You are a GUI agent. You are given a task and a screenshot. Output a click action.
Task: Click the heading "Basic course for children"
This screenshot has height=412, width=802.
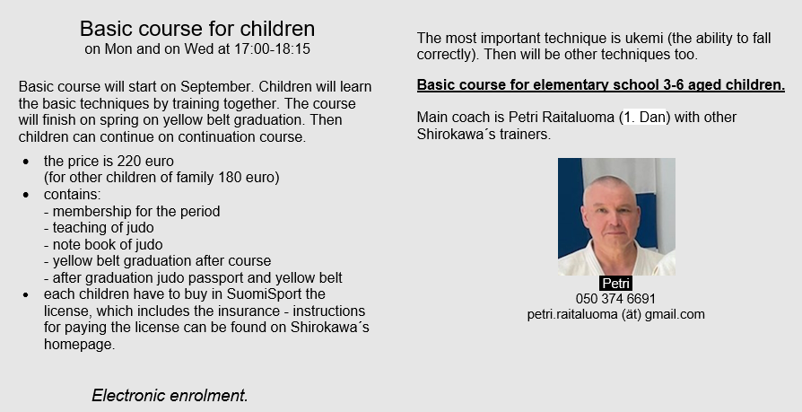point(197,29)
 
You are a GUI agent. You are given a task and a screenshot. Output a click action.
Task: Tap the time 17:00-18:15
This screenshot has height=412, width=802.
point(272,49)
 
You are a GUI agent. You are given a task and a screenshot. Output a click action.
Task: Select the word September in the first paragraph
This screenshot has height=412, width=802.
point(220,87)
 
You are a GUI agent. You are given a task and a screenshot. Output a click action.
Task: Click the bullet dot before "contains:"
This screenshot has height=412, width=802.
point(26,195)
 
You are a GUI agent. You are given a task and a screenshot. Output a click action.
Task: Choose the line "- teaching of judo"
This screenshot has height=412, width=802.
point(99,228)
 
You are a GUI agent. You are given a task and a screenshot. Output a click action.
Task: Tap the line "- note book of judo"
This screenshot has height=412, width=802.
point(103,245)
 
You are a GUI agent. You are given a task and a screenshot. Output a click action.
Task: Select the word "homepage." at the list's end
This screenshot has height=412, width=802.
point(79,345)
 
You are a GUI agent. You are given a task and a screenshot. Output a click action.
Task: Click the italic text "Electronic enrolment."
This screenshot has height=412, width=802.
point(170,396)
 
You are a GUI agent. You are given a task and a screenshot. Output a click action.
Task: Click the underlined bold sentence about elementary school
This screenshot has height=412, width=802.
point(601,85)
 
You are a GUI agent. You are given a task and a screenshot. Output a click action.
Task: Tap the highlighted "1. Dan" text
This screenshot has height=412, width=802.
point(644,118)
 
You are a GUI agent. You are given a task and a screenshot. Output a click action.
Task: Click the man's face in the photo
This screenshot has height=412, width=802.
point(612,213)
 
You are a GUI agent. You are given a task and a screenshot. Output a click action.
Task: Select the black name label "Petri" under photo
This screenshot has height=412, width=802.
point(615,283)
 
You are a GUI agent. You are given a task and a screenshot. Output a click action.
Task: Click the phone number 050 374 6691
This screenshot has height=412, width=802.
point(615,299)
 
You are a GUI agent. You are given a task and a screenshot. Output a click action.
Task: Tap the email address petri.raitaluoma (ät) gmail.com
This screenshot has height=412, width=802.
point(615,315)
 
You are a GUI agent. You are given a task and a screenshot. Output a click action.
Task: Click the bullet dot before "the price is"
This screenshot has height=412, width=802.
point(26,162)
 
